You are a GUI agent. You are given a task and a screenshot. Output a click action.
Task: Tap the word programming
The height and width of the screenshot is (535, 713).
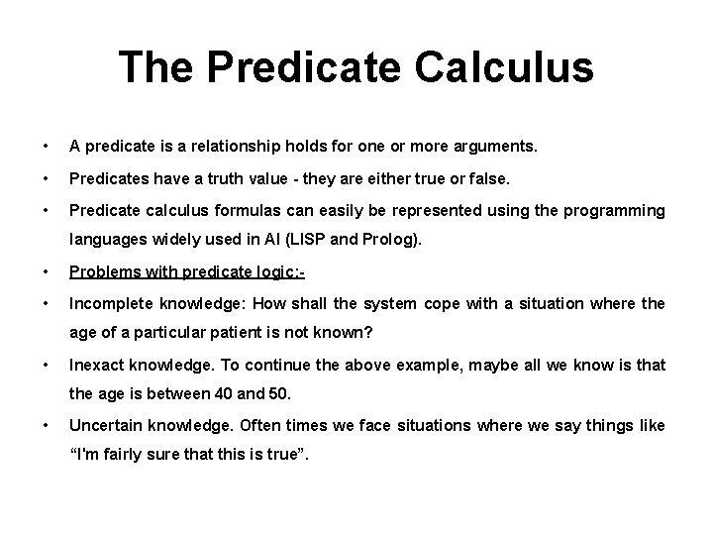click(x=614, y=210)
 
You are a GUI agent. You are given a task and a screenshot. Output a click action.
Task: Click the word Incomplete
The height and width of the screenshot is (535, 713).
click(x=110, y=303)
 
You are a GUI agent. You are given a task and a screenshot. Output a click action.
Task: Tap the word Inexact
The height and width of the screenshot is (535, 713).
click(x=96, y=365)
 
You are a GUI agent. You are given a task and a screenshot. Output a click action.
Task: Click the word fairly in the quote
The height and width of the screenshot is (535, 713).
click(x=128, y=456)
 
